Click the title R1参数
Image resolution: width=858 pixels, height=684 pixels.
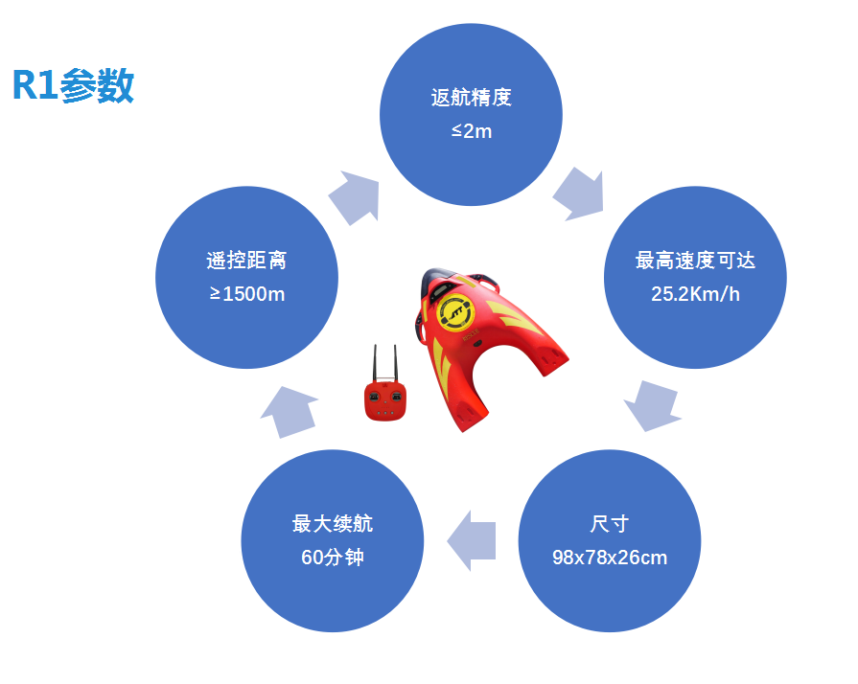(73, 85)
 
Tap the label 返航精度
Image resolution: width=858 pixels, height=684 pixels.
(471, 98)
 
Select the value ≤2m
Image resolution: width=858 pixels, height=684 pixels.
(471, 131)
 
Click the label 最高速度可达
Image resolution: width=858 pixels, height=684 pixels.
(695, 261)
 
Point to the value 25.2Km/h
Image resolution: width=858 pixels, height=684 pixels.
(695, 294)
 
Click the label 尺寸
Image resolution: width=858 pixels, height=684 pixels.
(610, 524)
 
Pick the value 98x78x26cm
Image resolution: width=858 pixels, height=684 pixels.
(610, 558)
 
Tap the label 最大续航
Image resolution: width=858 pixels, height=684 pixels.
(332, 524)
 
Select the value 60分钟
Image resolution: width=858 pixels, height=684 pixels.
(332, 558)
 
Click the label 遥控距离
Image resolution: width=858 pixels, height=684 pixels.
(246, 261)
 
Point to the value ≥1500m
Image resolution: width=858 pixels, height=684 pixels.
(246, 294)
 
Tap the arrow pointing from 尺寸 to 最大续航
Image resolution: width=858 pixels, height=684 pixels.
(471, 540)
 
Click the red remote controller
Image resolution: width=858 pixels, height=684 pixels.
(385, 400)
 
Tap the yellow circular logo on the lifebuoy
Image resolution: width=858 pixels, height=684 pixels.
(454, 312)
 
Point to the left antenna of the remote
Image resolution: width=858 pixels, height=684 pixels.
(375, 363)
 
